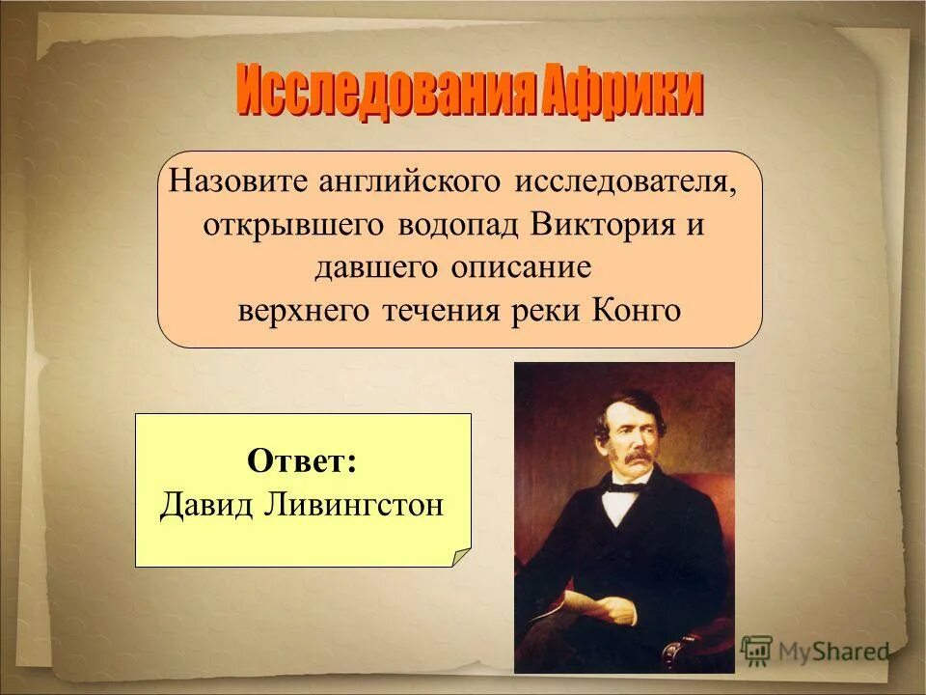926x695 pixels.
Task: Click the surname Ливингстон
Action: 352,504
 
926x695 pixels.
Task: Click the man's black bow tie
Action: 621,488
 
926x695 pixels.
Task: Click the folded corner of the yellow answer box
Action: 461,557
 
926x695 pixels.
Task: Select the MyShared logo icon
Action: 756,651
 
